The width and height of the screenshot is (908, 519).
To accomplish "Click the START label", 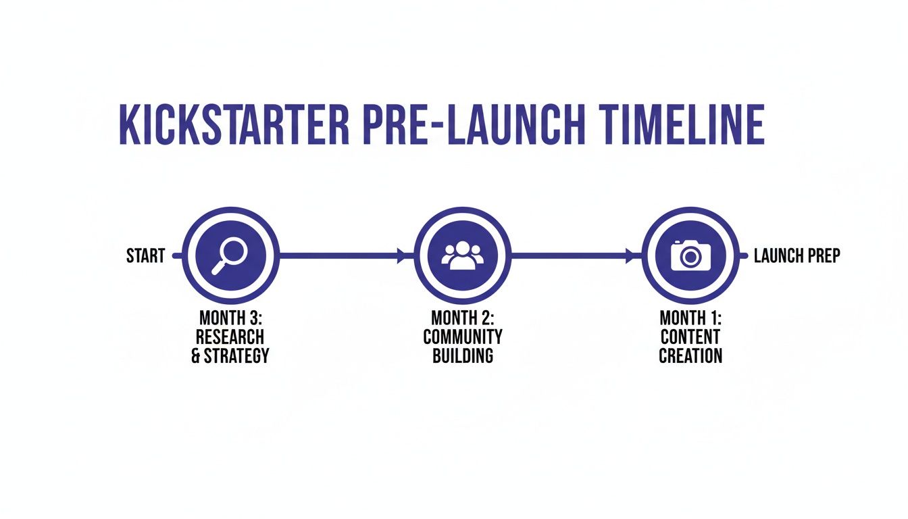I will (x=145, y=256).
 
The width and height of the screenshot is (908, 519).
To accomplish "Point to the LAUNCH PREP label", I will (x=797, y=256).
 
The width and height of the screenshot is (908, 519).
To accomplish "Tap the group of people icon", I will (x=463, y=255).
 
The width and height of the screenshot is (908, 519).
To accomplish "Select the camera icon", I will (x=690, y=255).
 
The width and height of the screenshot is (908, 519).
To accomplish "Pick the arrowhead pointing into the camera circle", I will (x=632, y=256).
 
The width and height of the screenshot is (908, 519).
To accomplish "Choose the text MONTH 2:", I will (x=463, y=318).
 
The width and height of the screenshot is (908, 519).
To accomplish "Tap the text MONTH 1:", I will (x=690, y=318).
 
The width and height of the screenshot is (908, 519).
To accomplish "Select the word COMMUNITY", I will (x=463, y=337).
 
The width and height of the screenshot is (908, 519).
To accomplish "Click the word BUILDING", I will (x=463, y=355).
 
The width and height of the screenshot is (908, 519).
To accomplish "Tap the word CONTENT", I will (x=690, y=337).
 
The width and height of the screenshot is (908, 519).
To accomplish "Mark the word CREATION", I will (x=690, y=355).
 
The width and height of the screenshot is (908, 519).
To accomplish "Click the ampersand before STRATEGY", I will (x=196, y=355).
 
